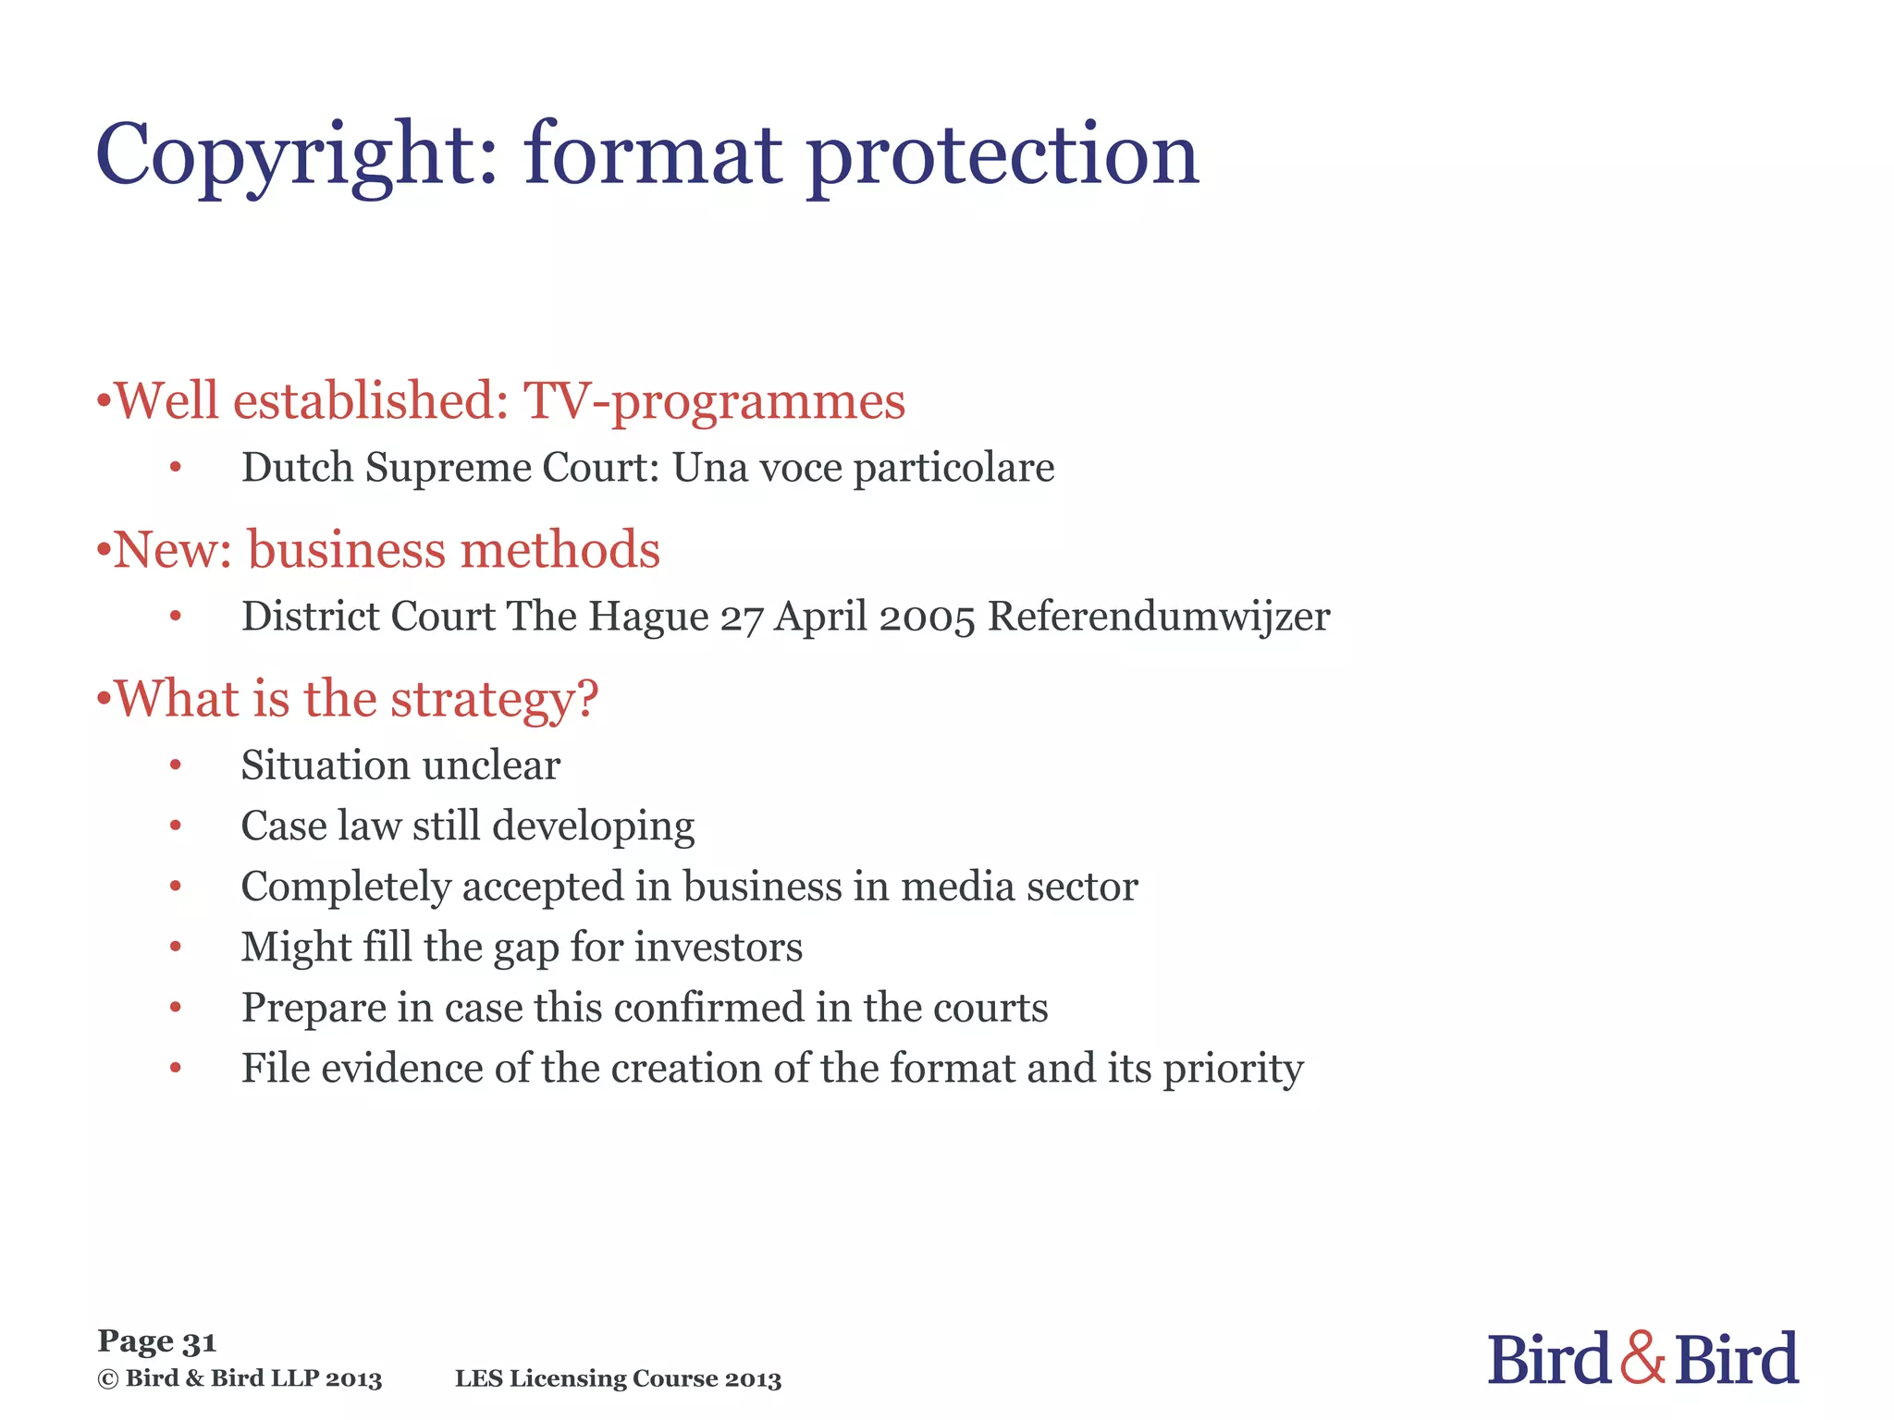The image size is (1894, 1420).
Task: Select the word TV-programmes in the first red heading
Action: point(714,401)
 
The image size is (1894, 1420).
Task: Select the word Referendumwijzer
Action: point(1159,618)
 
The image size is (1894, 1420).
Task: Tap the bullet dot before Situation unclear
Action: point(176,765)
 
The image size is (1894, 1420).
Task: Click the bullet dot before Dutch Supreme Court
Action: point(176,467)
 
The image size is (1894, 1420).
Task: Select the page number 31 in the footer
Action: point(199,1341)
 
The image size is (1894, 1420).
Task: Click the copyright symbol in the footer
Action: point(108,1379)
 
